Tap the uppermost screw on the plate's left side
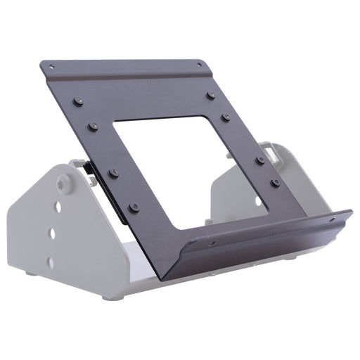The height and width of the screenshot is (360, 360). click(77, 101)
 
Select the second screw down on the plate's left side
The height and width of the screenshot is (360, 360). click(93, 127)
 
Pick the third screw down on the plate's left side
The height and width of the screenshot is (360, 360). click(113, 173)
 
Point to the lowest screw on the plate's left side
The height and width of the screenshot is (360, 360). click(134, 208)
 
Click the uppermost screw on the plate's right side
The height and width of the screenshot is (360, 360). click(211, 95)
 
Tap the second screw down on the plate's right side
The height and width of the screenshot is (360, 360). click(225, 117)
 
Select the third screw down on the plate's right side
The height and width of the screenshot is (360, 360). click(260, 160)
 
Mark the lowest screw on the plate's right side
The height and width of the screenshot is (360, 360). click(276, 183)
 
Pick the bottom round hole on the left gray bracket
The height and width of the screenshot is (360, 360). click(50, 262)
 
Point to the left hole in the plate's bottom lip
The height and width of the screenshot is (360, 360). click(212, 243)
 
